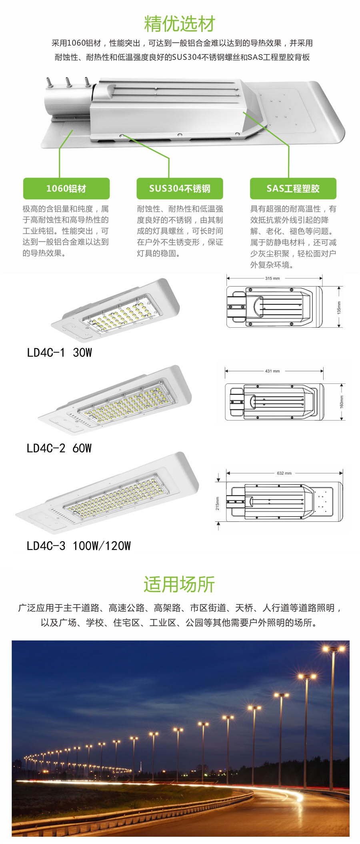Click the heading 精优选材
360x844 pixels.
click(180, 24)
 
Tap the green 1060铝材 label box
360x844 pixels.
click(66, 188)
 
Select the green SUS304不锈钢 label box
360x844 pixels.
click(180, 188)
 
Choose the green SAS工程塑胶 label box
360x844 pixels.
click(293, 188)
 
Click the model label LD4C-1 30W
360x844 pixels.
click(60, 353)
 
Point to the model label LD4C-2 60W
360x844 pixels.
click(59, 448)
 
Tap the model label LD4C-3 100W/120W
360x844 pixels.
click(79, 546)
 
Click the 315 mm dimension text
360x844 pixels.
click(272, 278)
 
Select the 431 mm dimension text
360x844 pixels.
click(272, 371)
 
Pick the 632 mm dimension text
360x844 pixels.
click(284, 473)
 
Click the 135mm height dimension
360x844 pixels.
click(339, 307)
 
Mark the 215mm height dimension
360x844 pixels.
click(218, 503)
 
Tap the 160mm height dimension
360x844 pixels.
click(342, 401)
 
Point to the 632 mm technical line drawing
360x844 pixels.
click(284, 501)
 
